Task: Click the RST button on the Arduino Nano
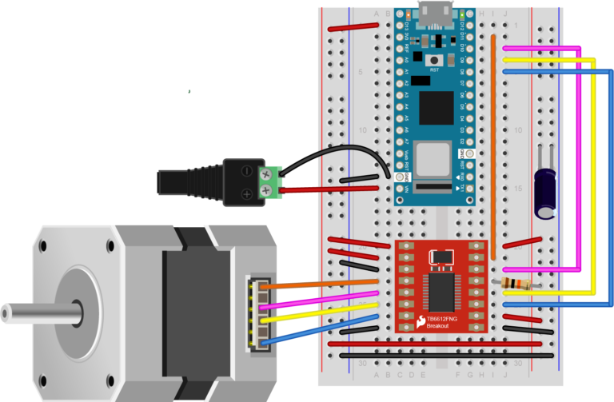[x=435, y=60]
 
